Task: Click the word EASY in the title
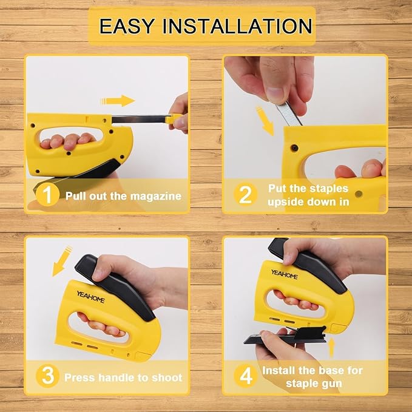127,26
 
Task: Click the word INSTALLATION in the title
237,26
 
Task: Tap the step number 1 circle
47,195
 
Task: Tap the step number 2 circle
245,195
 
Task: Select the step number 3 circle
47,376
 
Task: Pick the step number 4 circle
245,376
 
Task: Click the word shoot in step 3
167,377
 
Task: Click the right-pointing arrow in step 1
118,101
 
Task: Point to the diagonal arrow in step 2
265,121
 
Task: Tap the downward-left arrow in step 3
62,261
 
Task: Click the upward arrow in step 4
331,348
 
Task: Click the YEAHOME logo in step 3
90,297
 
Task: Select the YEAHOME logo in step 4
285,274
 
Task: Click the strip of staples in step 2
289,113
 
